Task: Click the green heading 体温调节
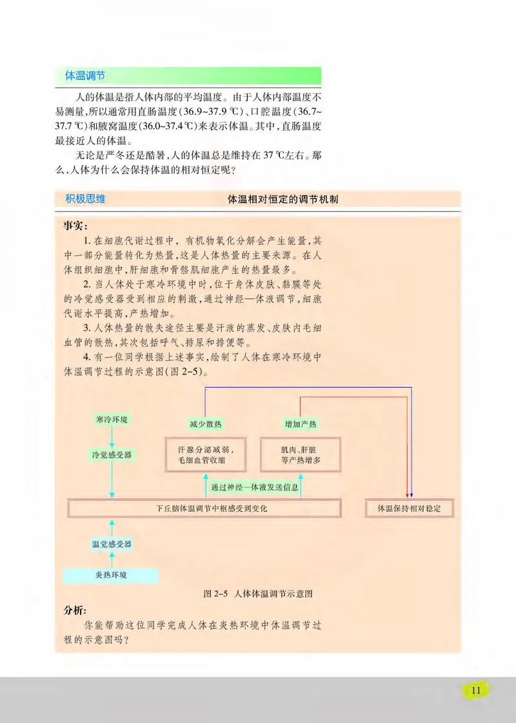(84, 75)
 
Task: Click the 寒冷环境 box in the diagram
(112, 420)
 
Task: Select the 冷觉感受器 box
(112, 455)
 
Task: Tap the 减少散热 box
(206, 424)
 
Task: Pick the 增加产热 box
(301, 424)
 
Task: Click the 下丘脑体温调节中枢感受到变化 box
(204, 508)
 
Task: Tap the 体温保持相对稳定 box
(409, 508)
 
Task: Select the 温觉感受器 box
(112, 545)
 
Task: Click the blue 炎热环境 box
(110, 574)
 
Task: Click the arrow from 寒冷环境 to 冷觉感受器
(112, 438)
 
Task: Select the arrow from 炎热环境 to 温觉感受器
(112, 559)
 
